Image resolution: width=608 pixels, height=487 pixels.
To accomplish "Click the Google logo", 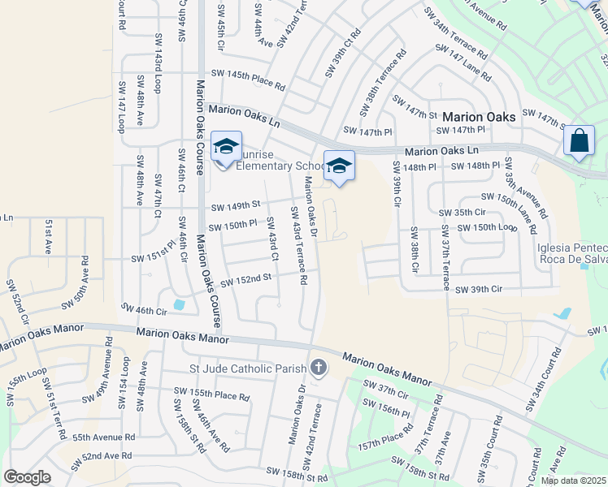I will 27,477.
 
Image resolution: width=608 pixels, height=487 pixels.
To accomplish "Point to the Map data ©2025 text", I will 574,481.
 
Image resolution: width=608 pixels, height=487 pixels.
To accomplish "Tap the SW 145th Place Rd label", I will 248,80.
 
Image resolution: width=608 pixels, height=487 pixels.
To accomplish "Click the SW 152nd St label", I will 245,280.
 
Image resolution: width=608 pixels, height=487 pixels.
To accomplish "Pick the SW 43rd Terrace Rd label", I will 298,245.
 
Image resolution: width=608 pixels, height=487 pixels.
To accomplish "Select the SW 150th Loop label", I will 486,227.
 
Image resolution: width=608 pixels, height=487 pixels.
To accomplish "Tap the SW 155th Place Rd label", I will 211,393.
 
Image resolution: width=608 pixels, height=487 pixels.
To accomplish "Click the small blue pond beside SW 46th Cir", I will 179,304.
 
